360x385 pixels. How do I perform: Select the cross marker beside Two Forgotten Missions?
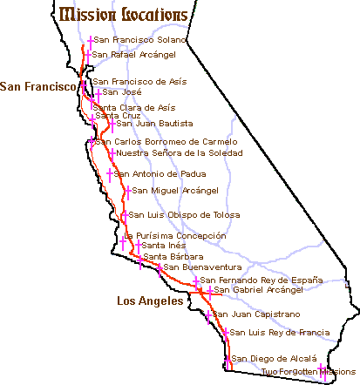click(x=323, y=371)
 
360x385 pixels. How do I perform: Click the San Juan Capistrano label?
click(x=257, y=314)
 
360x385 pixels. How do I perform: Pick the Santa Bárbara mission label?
click(x=173, y=257)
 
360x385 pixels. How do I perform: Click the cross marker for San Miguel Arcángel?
click(x=126, y=191)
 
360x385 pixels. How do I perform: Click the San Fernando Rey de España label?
click(x=262, y=280)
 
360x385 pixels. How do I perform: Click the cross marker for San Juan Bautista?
click(x=112, y=124)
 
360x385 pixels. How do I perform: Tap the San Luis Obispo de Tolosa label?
click(x=179, y=214)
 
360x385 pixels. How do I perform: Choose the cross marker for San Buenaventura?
click(x=158, y=267)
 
